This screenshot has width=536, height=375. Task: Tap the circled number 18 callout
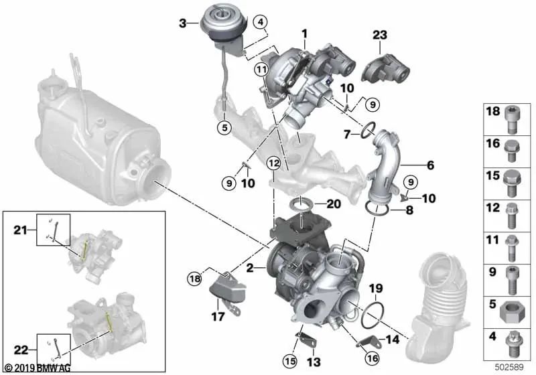tap(194, 278)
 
